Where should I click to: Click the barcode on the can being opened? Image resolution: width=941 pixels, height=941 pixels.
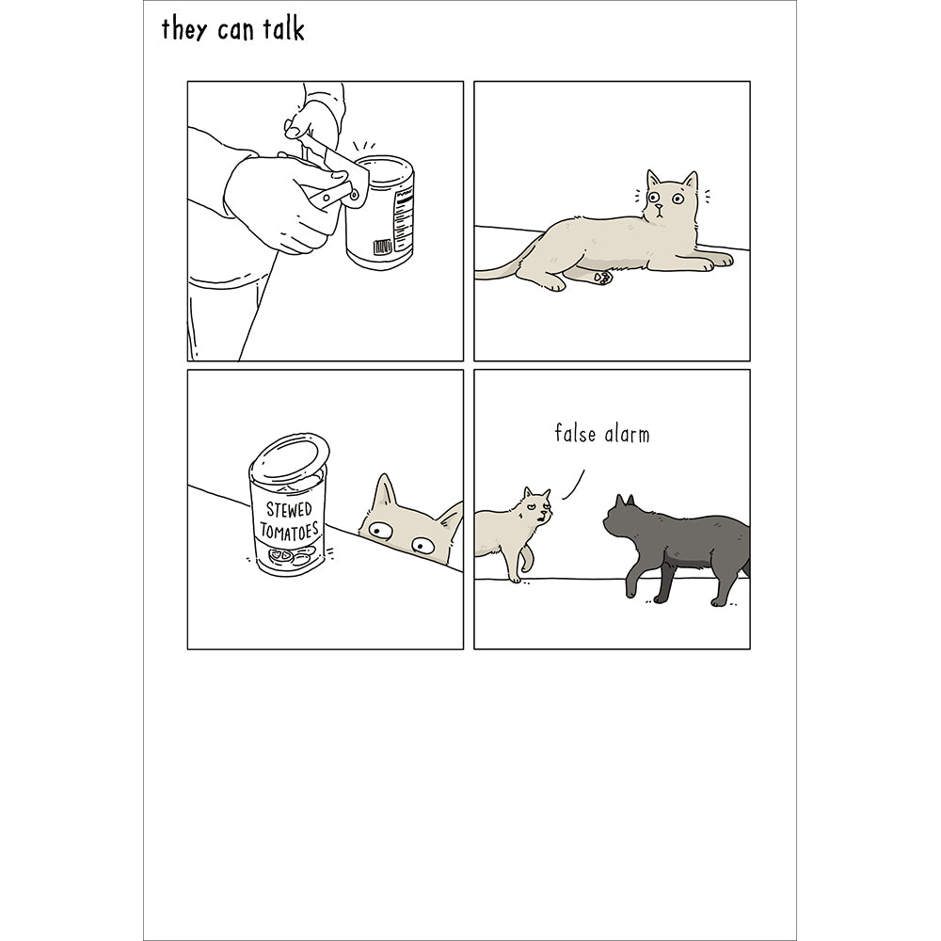point(383,247)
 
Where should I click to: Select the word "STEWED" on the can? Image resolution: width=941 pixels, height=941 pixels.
point(289,510)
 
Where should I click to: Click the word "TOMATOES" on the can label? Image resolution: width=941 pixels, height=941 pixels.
point(289,531)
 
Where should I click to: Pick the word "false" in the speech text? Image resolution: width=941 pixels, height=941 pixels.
point(575,433)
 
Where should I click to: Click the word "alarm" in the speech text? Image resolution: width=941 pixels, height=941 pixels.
point(627,434)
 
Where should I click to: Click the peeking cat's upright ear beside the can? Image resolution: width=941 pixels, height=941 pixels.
point(385,491)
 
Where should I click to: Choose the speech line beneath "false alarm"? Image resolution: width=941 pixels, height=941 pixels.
point(574,485)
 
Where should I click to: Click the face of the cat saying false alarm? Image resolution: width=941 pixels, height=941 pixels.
point(537,507)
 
